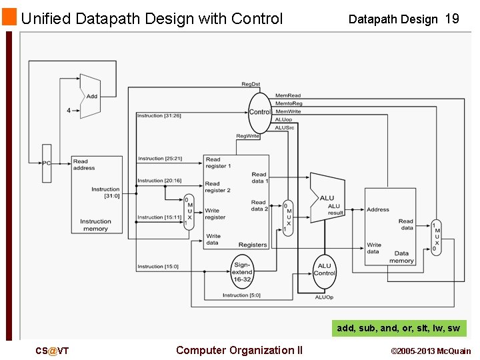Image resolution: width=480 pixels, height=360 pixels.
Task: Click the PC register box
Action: tap(47, 163)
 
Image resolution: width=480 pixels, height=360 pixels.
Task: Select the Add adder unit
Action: tap(90, 96)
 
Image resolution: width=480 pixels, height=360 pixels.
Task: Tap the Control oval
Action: tap(259, 112)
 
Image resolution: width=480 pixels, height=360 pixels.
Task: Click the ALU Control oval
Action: tap(324, 270)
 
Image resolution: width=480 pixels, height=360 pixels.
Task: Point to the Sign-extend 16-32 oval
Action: tap(243, 272)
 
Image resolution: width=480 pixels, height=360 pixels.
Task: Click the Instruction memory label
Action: tap(95, 225)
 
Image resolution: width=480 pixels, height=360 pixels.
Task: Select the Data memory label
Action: tap(401, 257)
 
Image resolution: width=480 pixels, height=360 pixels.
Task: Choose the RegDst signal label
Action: tap(251, 84)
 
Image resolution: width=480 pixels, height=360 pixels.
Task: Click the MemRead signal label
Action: tap(288, 96)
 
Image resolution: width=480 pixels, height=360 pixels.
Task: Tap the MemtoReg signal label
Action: tap(289, 103)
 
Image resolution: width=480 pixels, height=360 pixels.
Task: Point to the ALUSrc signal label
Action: tap(285, 127)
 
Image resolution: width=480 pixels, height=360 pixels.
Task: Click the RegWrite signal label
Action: tap(248, 136)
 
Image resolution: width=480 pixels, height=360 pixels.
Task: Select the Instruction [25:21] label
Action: tap(160, 159)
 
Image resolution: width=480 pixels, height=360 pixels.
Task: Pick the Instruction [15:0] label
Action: tap(158, 267)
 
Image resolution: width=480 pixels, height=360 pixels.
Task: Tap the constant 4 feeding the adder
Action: tap(68, 111)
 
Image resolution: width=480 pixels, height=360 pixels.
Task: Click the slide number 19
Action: tap(451, 19)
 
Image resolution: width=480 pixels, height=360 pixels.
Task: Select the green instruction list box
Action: tap(399, 328)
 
